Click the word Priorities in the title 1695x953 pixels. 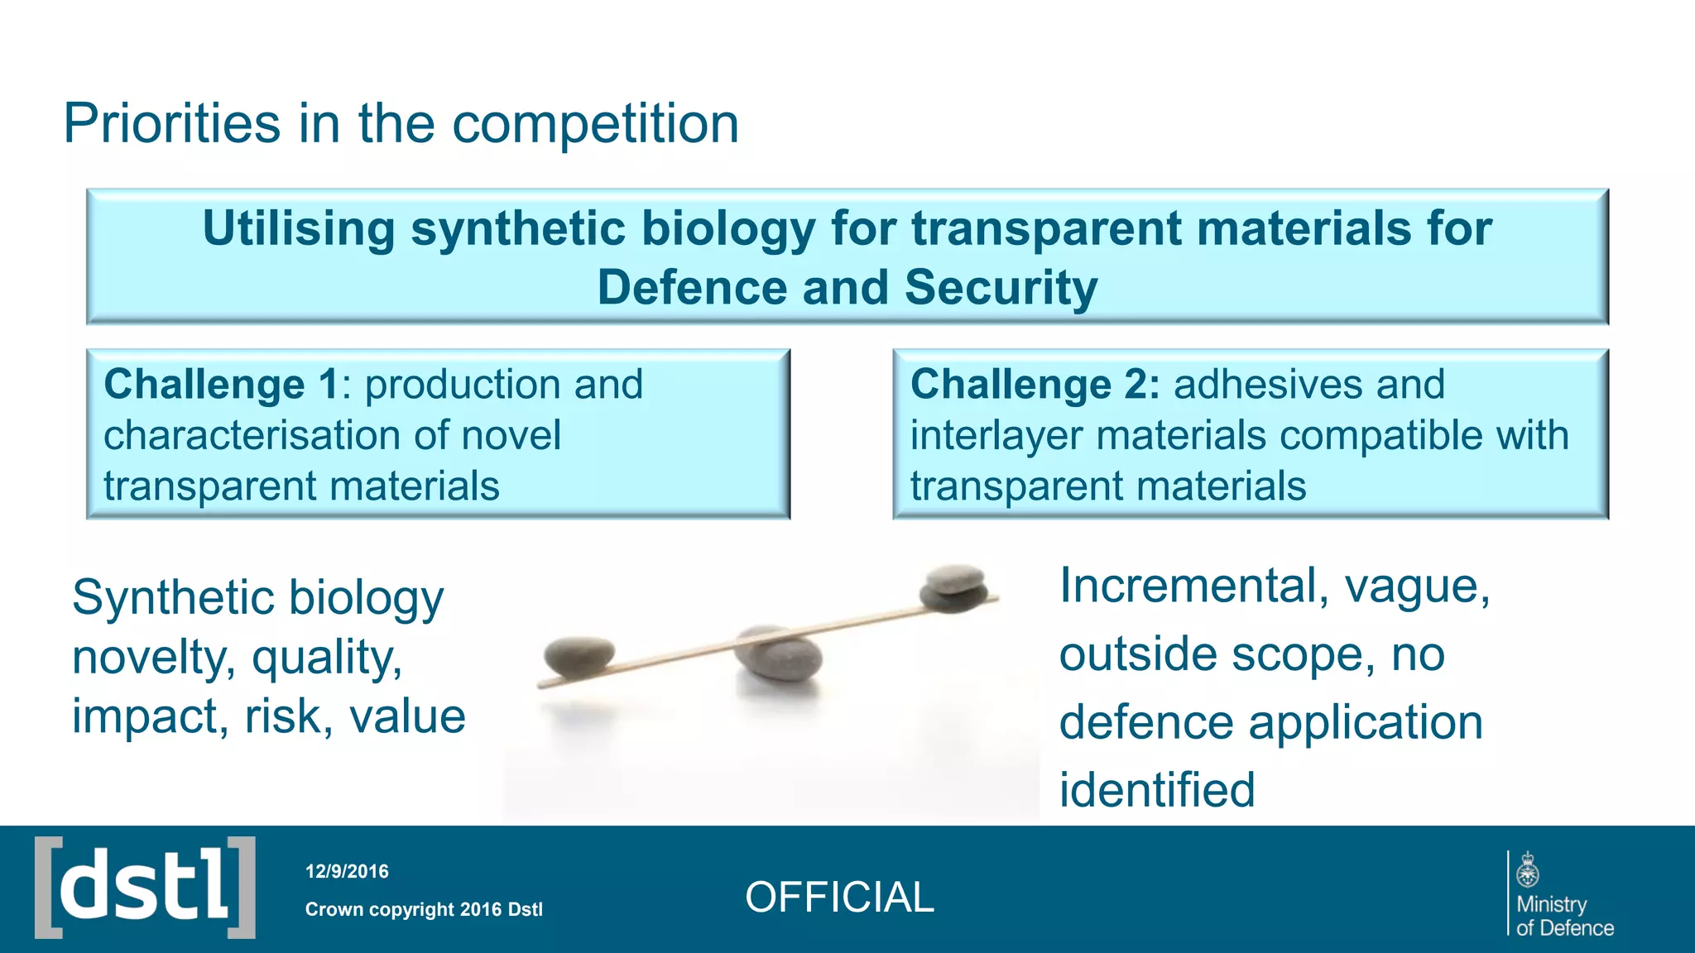coord(171,124)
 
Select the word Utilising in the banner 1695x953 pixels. coord(299,228)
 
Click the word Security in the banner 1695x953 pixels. coord(1001,288)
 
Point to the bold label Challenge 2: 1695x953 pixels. coord(1035,385)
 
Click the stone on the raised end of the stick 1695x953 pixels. coord(953,588)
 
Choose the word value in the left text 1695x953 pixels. coord(407,716)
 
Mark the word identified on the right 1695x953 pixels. coord(1156,789)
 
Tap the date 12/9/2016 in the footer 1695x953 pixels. coord(347,871)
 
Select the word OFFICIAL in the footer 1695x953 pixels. coord(839,898)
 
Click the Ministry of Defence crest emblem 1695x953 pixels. coord(1528,871)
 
